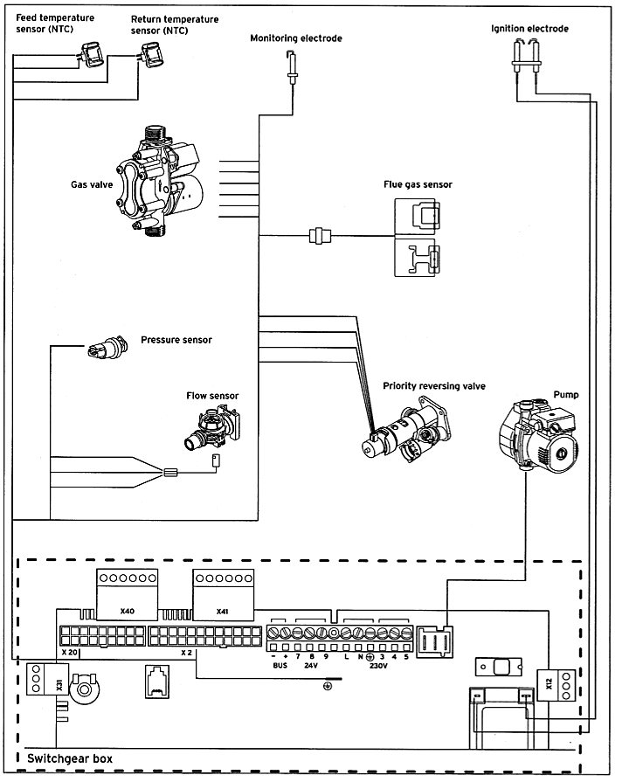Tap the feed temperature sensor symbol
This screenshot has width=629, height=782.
[x=91, y=55]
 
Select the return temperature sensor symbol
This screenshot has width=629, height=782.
[x=153, y=54]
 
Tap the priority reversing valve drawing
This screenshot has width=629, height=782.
[x=406, y=430]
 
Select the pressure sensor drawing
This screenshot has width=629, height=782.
[x=107, y=348]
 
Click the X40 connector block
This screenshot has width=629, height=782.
[x=127, y=594]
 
